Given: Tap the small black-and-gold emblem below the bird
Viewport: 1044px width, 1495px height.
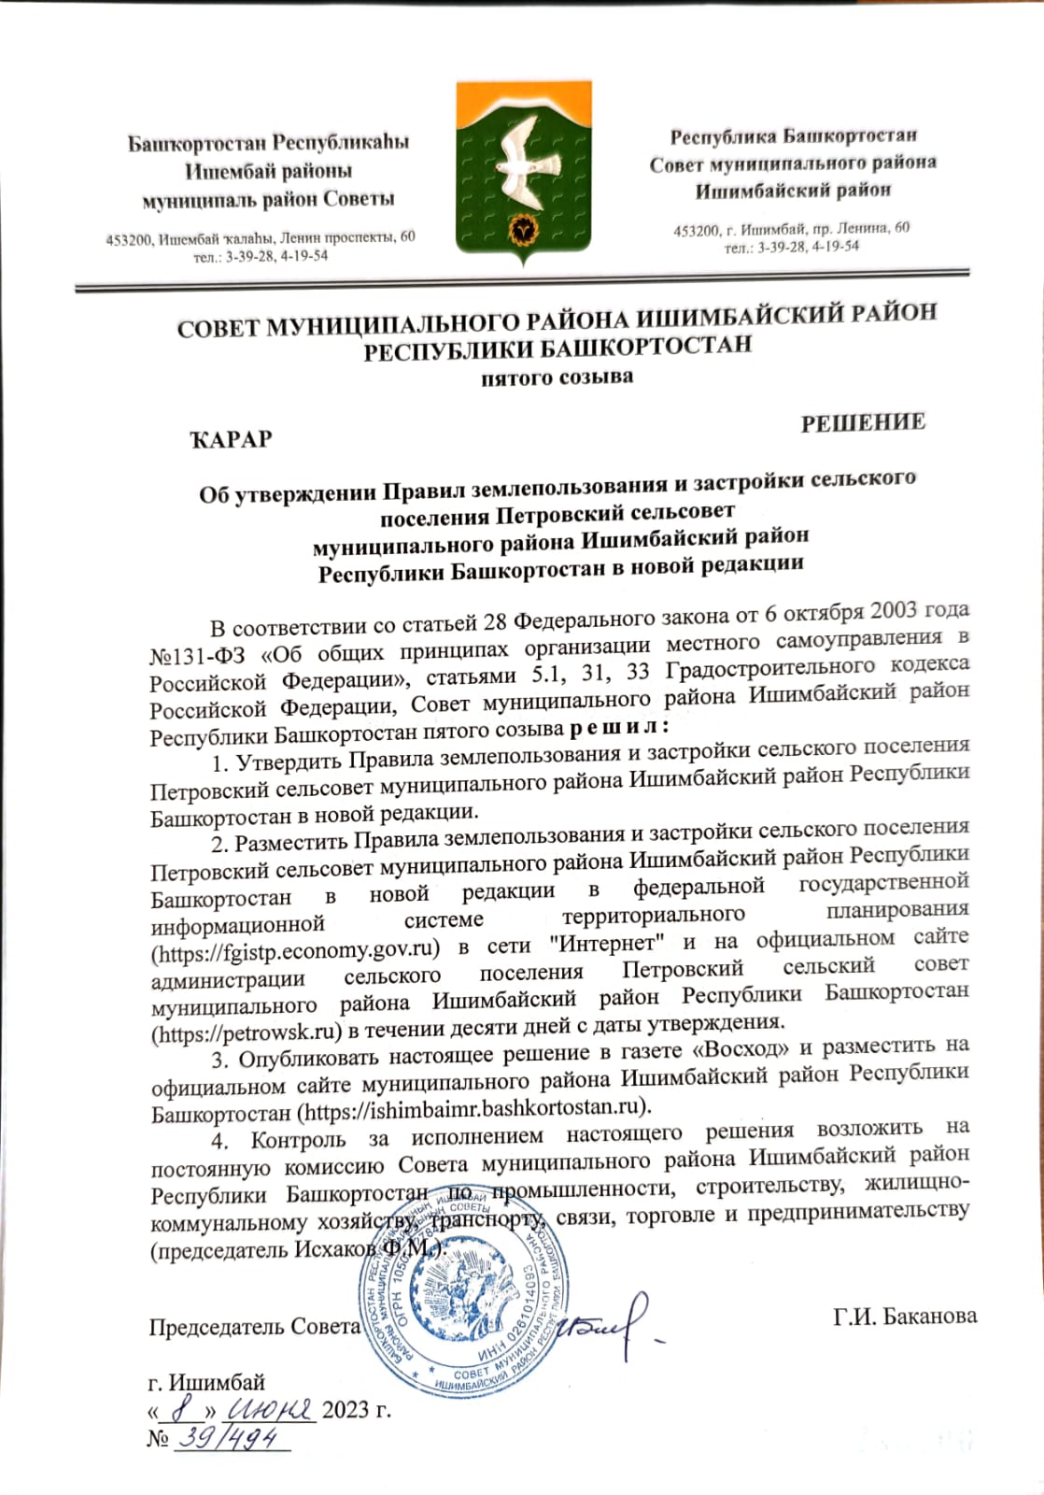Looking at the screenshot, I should point(523,228).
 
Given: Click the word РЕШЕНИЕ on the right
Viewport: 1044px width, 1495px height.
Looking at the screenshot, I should point(863,422).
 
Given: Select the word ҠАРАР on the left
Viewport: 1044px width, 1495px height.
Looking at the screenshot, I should point(231,439).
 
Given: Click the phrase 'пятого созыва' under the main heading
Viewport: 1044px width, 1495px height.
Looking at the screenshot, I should point(557,378).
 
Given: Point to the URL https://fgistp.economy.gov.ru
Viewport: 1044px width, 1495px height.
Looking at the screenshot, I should point(295,949).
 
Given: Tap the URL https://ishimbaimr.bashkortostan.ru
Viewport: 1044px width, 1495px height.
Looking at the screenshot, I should point(473,1109).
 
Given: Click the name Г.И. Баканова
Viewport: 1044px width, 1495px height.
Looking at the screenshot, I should point(905,1316).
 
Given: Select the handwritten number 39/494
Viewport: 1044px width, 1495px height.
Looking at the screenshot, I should point(231,1440).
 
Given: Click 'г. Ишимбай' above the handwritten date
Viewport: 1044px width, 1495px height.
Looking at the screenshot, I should point(206,1382).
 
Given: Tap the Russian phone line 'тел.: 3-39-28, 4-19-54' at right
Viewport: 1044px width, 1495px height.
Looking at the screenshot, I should point(791,247).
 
